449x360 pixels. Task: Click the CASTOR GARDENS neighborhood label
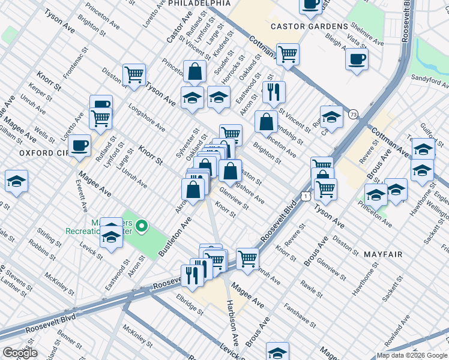309,26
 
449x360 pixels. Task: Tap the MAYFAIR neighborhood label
383,254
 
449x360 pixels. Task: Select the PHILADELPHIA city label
191,4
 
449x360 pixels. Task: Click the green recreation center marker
142,226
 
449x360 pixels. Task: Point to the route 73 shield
354,114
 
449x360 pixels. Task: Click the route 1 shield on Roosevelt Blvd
307,196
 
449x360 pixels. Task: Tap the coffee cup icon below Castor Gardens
357,59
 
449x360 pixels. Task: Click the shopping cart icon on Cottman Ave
288,54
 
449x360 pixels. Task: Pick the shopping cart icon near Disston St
134,75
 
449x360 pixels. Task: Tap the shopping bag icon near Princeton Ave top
195,71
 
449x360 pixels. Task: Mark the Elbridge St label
190,303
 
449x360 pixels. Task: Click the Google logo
20,353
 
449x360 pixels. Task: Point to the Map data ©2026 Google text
411,355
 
